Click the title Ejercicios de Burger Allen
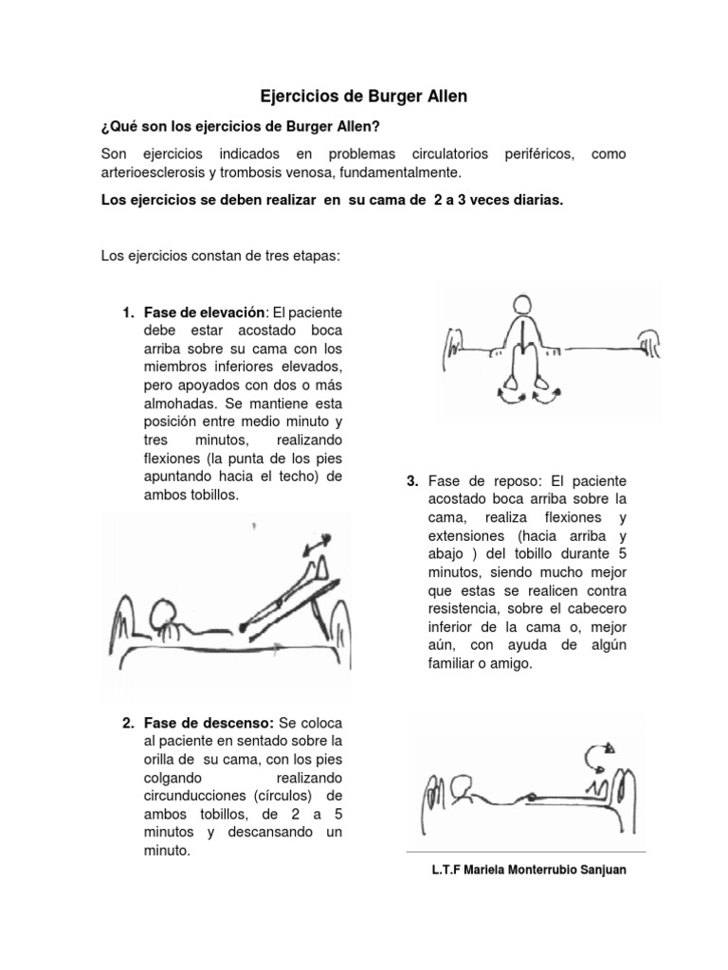[364, 96]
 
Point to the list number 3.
[412, 482]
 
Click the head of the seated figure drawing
[522, 307]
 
